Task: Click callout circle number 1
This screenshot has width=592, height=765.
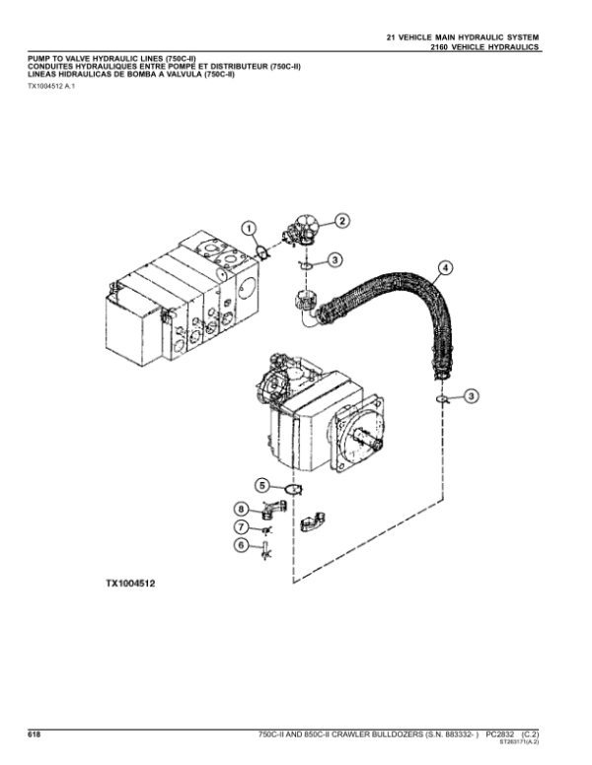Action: [249, 229]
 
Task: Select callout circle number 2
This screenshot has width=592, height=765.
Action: [342, 221]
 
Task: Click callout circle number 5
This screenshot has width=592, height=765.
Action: [262, 486]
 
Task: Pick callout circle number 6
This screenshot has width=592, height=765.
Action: [241, 544]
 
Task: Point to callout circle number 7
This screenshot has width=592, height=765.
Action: [241, 526]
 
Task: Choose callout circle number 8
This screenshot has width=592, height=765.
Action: [241, 510]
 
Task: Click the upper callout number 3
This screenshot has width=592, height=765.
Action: [334, 260]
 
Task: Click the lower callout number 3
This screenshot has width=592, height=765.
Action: [471, 395]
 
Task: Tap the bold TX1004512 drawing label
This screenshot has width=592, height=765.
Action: [130, 583]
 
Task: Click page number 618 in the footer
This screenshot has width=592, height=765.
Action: [35, 734]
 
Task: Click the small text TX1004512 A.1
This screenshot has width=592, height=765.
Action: [51, 86]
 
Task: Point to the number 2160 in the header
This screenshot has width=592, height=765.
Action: [439, 47]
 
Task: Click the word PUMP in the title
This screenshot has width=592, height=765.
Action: [38, 59]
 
